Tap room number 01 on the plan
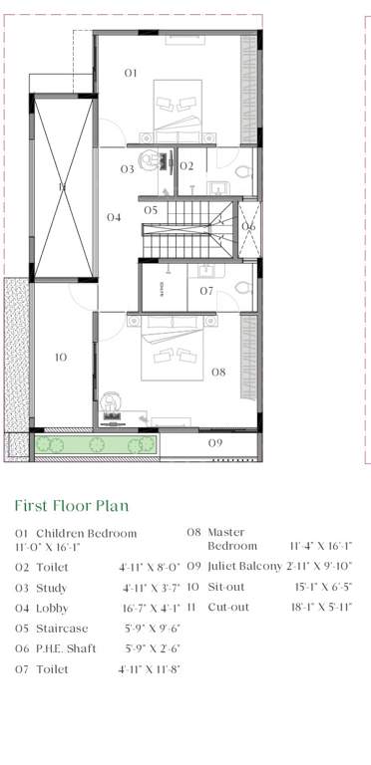coord(131,73)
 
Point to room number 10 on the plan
coord(60,357)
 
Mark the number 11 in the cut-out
coord(61,186)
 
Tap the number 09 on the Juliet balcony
coord(214,441)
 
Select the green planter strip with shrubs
coord(96,444)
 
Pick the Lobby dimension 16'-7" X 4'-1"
coord(147,608)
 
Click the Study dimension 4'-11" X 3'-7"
coord(148,588)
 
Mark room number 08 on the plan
coord(217,373)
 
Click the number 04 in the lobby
coord(114,217)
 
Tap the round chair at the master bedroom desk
coord(111,400)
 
